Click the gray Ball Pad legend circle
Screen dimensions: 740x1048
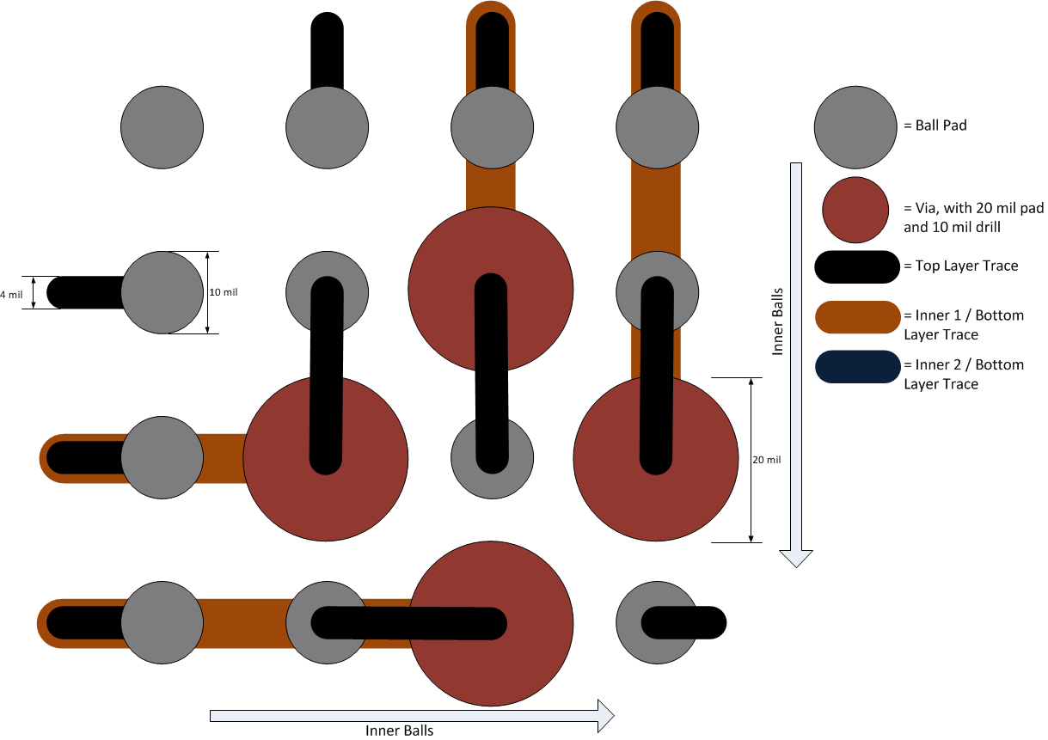pyautogui.click(x=855, y=126)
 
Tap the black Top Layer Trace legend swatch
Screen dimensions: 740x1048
pyautogui.click(x=855, y=266)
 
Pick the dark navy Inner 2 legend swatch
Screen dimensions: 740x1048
pyautogui.click(x=855, y=366)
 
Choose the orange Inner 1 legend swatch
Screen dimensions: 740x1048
pyautogui.click(x=855, y=316)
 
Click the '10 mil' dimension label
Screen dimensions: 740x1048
pyautogui.click(x=224, y=292)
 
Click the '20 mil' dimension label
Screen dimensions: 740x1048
pyautogui.click(x=766, y=460)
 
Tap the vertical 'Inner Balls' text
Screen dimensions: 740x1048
pyautogui.click(x=777, y=321)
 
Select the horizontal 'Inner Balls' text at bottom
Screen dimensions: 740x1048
pyautogui.click(x=399, y=731)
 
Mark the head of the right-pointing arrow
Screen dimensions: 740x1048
pyautogui.click(x=605, y=715)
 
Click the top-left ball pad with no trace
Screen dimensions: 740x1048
pyautogui.click(x=162, y=127)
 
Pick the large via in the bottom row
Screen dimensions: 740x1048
pyautogui.click(x=491, y=623)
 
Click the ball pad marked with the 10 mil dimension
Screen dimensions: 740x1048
pyautogui.click(x=162, y=292)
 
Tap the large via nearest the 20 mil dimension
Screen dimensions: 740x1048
pyautogui.click(x=655, y=460)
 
